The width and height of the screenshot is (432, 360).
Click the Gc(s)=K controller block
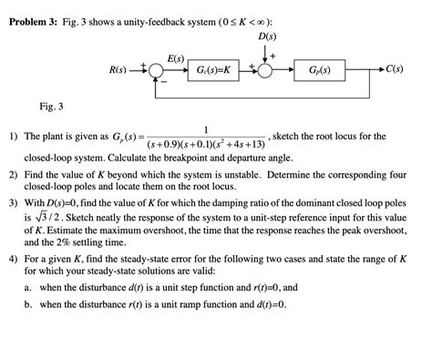click(212, 70)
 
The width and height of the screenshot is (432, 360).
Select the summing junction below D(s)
click(268, 70)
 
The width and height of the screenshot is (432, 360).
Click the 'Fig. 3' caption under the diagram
click(52, 108)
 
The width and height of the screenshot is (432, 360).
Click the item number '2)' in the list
click(14, 172)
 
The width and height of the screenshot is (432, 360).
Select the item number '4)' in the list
click(14, 258)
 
